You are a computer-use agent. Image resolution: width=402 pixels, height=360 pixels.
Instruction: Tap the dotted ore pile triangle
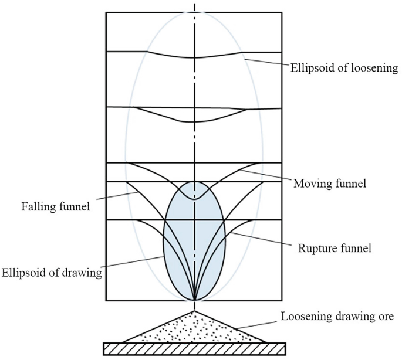[195, 328]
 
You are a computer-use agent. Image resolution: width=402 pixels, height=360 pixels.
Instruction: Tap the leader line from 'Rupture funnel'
[258, 241]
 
